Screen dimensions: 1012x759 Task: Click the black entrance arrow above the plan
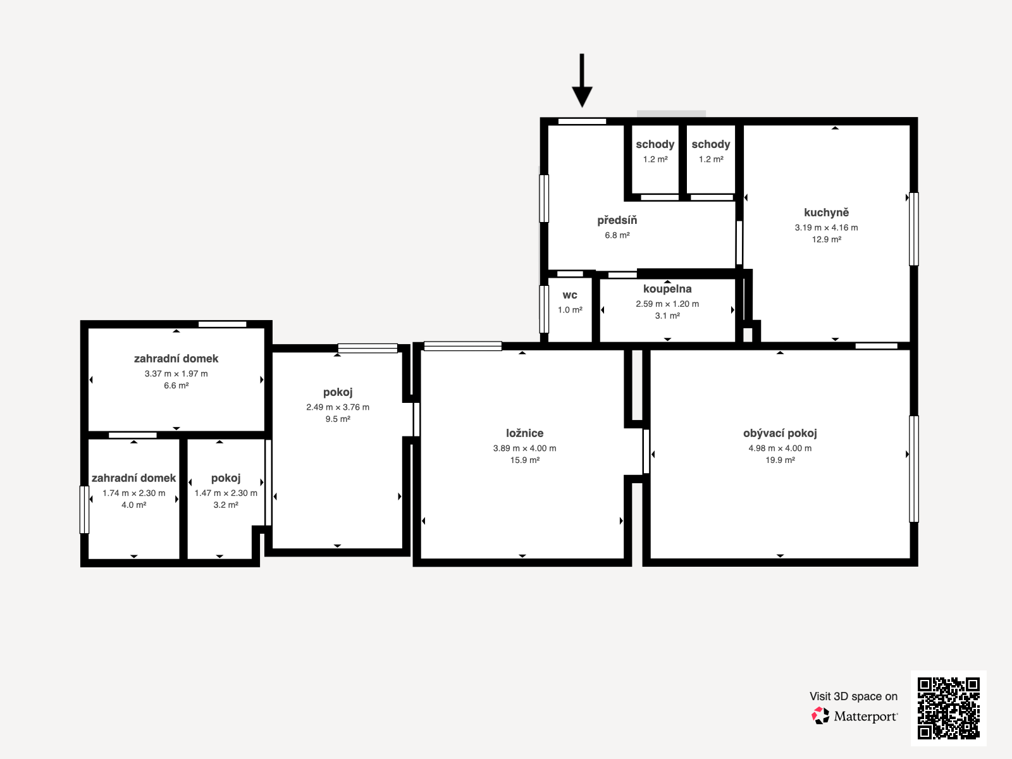click(x=582, y=80)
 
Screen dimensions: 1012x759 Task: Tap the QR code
click(x=948, y=708)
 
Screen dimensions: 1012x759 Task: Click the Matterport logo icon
click(x=820, y=716)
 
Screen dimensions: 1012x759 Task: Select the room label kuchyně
click(x=826, y=213)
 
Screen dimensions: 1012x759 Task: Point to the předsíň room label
click(x=617, y=220)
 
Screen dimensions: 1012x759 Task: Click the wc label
click(x=570, y=295)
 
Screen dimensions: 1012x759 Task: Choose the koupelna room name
click(x=667, y=289)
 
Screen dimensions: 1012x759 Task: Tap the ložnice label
click(x=525, y=433)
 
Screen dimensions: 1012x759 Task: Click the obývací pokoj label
click(x=780, y=433)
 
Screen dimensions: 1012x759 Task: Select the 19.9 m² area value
click(x=780, y=460)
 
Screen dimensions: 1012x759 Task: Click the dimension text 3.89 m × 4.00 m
click(x=525, y=448)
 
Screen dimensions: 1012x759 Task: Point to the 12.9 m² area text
click(x=826, y=239)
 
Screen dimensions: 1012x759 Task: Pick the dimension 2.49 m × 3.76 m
click(x=338, y=407)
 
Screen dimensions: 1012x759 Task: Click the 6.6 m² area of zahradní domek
click(x=176, y=385)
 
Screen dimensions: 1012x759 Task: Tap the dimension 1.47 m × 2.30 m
click(x=226, y=493)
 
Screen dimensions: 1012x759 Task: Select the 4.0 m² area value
click(x=133, y=505)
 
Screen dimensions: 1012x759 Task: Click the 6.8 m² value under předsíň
click(x=617, y=235)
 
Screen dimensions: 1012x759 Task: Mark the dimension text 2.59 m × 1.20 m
click(x=667, y=304)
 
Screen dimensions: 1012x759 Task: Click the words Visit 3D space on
click(x=853, y=696)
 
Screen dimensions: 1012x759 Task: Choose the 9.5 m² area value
click(x=338, y=419)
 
